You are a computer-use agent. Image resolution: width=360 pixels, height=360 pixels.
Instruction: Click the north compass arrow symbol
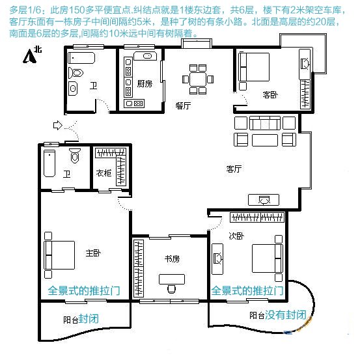click(29, 56)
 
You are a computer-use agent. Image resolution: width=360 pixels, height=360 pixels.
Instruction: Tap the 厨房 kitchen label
click(145, 84)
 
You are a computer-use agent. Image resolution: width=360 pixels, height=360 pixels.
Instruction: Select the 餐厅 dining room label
click(183, 105)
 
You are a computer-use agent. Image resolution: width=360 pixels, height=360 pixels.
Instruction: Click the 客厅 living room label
click(234, 169)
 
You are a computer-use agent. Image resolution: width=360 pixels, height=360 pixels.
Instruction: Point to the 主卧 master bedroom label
click(93, 253)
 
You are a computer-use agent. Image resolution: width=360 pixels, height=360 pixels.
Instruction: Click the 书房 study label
click(172, 258)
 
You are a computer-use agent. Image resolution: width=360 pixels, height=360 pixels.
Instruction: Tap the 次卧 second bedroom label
click(236, 236)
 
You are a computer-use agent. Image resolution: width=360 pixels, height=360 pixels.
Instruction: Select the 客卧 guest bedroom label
click(270, 95)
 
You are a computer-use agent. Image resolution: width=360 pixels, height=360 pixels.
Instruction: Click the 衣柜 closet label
click(104, 173)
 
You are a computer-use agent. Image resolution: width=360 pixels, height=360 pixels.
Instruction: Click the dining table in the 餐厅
click(198, 79)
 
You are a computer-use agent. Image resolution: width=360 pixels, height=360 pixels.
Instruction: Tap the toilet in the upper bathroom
click(76, 73)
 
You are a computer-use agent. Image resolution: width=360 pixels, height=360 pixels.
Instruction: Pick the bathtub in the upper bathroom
click(81, 58)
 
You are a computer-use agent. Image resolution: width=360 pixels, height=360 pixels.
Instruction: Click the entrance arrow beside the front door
click(58, 126)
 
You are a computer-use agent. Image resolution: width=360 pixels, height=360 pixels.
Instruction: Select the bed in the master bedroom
click(59, 255)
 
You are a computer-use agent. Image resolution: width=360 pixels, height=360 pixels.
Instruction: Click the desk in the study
click(172, 279)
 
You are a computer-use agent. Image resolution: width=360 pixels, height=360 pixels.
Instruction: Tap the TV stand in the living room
click(264, 200)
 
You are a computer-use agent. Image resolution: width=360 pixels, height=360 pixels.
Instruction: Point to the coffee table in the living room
click(265, 140)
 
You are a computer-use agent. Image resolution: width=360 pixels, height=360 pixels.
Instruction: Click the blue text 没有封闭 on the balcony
click(286, 315)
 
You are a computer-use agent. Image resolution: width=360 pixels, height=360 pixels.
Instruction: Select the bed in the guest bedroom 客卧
click(254, 67)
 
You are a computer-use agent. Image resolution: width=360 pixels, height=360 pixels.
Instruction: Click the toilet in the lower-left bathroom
click(75, 156)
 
